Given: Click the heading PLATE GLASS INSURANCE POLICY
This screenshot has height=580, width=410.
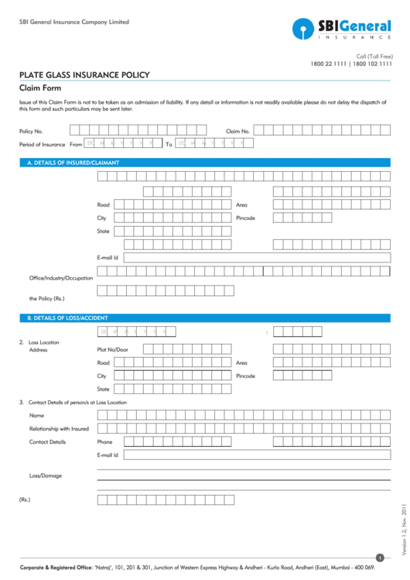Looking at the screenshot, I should [84, 75].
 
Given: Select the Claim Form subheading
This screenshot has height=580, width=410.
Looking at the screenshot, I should [40, 88].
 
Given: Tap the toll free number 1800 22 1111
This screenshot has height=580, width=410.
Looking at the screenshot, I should [329, 63].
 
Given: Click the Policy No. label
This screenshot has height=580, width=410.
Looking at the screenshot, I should [32, 132].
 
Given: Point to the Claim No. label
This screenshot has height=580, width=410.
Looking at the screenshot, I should [238, 132].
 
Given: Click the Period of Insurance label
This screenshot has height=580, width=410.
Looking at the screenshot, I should [43, 144].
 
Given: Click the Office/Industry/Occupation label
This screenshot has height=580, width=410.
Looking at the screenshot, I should [61, 278].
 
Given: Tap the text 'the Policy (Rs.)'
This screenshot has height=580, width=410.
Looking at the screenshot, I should [46, 298].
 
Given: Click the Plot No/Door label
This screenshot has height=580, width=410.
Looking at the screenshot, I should [113, 349].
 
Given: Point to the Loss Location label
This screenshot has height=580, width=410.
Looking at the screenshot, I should [43, 342].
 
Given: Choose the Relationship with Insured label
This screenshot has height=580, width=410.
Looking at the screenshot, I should [59, 428].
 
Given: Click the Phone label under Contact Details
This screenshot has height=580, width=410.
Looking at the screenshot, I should [104, 441].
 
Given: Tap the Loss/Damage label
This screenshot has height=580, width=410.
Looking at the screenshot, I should [46, 475].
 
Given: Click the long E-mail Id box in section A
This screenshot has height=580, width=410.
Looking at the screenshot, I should [256, 257].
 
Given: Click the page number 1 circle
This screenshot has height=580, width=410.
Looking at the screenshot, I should [380, 558].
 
